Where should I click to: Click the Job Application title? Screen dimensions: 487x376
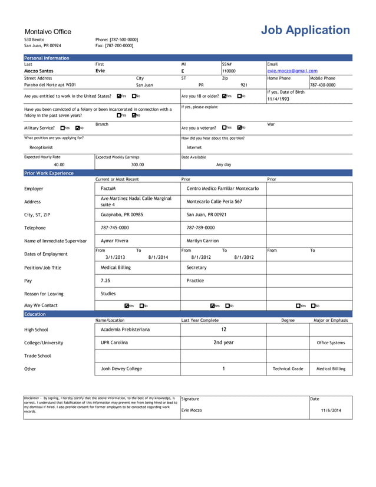[x=305, y=31]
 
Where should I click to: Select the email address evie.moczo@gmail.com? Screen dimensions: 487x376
[x=292, y=71]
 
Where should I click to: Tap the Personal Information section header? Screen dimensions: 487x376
[x=47, y=58]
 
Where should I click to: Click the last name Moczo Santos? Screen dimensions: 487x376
[x=39, y=71]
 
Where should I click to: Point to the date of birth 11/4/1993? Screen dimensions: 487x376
[x=278, y=99]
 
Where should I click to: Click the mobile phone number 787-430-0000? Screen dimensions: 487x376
[x=322, y=85]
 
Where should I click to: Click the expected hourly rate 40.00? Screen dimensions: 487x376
[x=59, y=165]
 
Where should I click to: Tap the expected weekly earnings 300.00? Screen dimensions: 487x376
[x=137, y=165]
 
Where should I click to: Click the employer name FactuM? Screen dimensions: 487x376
[x=108, y=189]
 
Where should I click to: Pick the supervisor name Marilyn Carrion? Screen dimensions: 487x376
[x=202, y=241]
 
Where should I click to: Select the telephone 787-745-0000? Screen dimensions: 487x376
[x=115, y=228]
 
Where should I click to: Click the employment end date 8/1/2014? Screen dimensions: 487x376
[x=158, y=257]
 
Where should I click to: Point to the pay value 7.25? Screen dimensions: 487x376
[x=105, y=281]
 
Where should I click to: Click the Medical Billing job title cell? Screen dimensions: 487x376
[x=116, y=268]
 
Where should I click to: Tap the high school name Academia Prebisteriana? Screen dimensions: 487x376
[x=125, y=330]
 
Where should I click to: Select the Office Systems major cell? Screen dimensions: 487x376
[x=331, y=343]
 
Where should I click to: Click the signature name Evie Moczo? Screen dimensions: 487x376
[x=192, y=410]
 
